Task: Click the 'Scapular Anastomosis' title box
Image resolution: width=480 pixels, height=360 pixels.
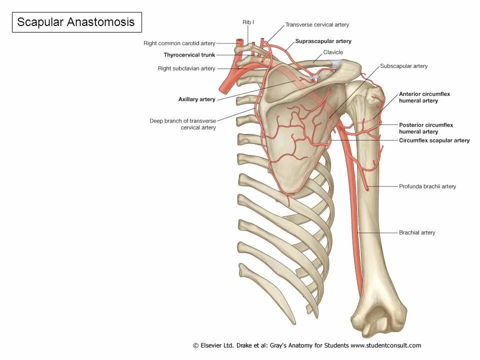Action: tap(76, 22)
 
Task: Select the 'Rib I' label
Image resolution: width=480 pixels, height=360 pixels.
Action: tap(248, 22)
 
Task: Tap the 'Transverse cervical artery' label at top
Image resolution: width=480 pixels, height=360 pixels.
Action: tap(317, 24)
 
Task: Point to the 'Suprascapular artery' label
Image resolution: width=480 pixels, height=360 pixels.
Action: tap(323, 41)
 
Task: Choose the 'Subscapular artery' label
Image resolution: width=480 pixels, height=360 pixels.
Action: tap(403, 66)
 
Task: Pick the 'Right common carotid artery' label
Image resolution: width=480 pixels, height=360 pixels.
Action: tap(179, 43)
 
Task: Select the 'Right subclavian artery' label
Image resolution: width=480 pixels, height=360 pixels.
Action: tap(186, 68)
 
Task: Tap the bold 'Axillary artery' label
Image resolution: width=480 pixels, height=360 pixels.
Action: tap(196, 99)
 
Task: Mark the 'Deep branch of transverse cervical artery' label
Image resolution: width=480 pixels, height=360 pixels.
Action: tap(182, 124)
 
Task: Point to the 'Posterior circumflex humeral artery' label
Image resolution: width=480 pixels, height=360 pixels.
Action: tap(425, 128)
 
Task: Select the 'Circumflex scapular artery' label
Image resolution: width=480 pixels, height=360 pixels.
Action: tap(434, 140)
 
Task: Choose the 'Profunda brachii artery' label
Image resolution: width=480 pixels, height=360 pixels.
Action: tap(427, 186)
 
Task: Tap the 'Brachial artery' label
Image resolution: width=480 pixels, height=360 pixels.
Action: tap(416, 232)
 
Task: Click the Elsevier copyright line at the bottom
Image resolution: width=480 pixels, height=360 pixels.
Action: tap(306, 345)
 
